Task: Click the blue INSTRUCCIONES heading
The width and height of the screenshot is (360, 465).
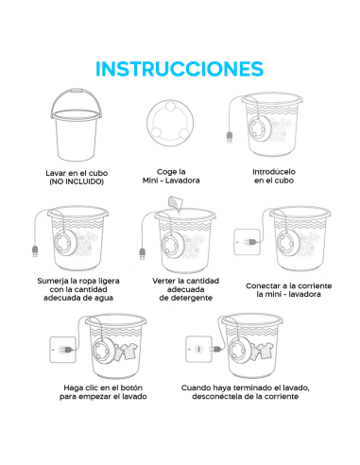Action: pyautogui.click(x=180, y=69)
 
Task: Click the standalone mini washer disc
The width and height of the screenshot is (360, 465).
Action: pyautogui.click(x=170, y=123)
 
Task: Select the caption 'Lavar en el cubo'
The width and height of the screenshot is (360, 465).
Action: pyautogui.click(x=77, y=173)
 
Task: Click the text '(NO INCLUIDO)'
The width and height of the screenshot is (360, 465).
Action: pyautogui.click(x=77, y=181)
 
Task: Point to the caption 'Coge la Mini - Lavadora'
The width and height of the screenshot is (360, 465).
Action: pyautogui.click(x=171, y=176)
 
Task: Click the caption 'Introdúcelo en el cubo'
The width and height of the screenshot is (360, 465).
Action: pyautogui.click(x=274, y=176)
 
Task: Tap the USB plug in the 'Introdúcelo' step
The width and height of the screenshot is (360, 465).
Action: pyautogui.click(x=230, y=137)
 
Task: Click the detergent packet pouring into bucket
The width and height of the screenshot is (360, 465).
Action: pyautogui.click(x=175, y=203)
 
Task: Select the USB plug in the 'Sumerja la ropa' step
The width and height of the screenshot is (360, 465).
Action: pyautogui.click(x=35, y=251)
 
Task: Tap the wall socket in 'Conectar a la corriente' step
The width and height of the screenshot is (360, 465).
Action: pyautogui.click(x=247, y=242)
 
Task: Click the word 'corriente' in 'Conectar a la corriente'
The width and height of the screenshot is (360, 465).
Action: pyautogui.click(x=315, y=285)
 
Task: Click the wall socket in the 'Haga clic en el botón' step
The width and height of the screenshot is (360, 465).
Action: pyautogui.click(x=62, y=350)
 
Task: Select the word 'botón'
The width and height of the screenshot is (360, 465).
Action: pyautogui.click(x=131, y=387)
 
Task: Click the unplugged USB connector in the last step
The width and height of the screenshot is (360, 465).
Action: pyautogui.click(x=216, y=349)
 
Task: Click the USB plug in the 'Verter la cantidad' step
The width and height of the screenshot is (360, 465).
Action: pyautogui.click(x=143, y=254)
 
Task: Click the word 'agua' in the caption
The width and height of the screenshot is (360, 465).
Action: pyautogui.click(x=103, y=298)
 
